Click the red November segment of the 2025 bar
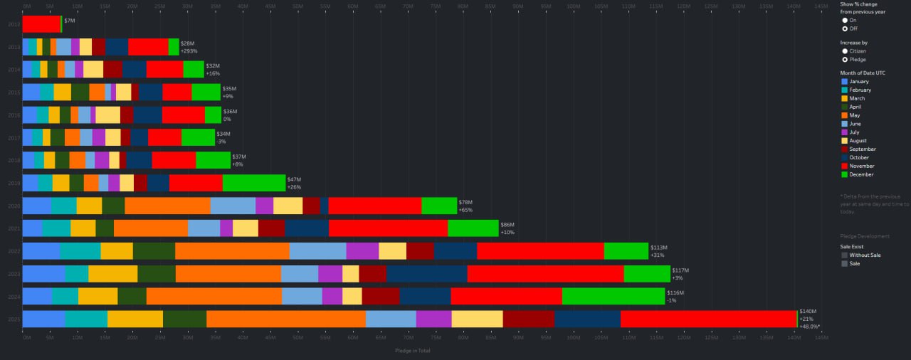707,319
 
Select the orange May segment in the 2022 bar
232,251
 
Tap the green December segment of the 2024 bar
614,296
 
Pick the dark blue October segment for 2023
426,274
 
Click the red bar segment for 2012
41,24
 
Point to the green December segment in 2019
254,183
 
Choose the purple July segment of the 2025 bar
433,319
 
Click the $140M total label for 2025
808,312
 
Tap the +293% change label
189,51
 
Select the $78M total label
466,202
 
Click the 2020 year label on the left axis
14,206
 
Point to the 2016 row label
14,115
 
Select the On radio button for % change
845,20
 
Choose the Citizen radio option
845,51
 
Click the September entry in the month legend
862,149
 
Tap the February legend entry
860,90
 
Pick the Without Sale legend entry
864,255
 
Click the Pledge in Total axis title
412,350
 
